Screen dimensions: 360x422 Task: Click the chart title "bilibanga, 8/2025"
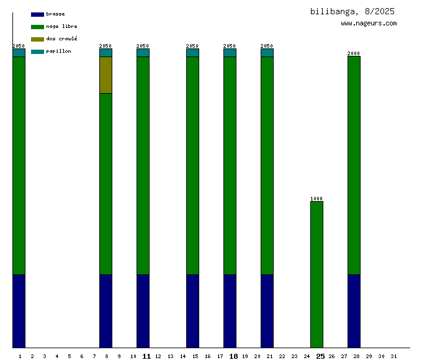(352, 11)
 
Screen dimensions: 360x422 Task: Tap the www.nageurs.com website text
(369, 24)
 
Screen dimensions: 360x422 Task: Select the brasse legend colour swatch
(37, 14)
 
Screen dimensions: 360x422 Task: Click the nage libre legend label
(61, 27)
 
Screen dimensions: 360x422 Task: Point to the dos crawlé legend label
(61, 39)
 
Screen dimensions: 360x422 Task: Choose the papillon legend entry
(58, 52)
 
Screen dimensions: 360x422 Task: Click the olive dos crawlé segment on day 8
(105, 75)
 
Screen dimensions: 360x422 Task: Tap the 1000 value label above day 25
(316, 199)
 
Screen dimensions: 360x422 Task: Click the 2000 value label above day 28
(354, 53)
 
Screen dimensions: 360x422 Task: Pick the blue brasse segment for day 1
(19, 310)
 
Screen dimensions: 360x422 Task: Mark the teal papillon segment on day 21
(267, 53)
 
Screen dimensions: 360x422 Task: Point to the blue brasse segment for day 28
(354, 310)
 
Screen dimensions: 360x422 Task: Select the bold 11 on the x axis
(146, 356)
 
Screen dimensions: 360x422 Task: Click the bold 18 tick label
(233, 356)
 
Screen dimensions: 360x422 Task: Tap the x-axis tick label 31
(393, 356)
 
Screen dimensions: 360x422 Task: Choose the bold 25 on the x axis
(320, 356)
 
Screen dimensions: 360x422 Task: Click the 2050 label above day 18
(230, 46)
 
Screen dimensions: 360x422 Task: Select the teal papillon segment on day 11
(143, 53)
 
